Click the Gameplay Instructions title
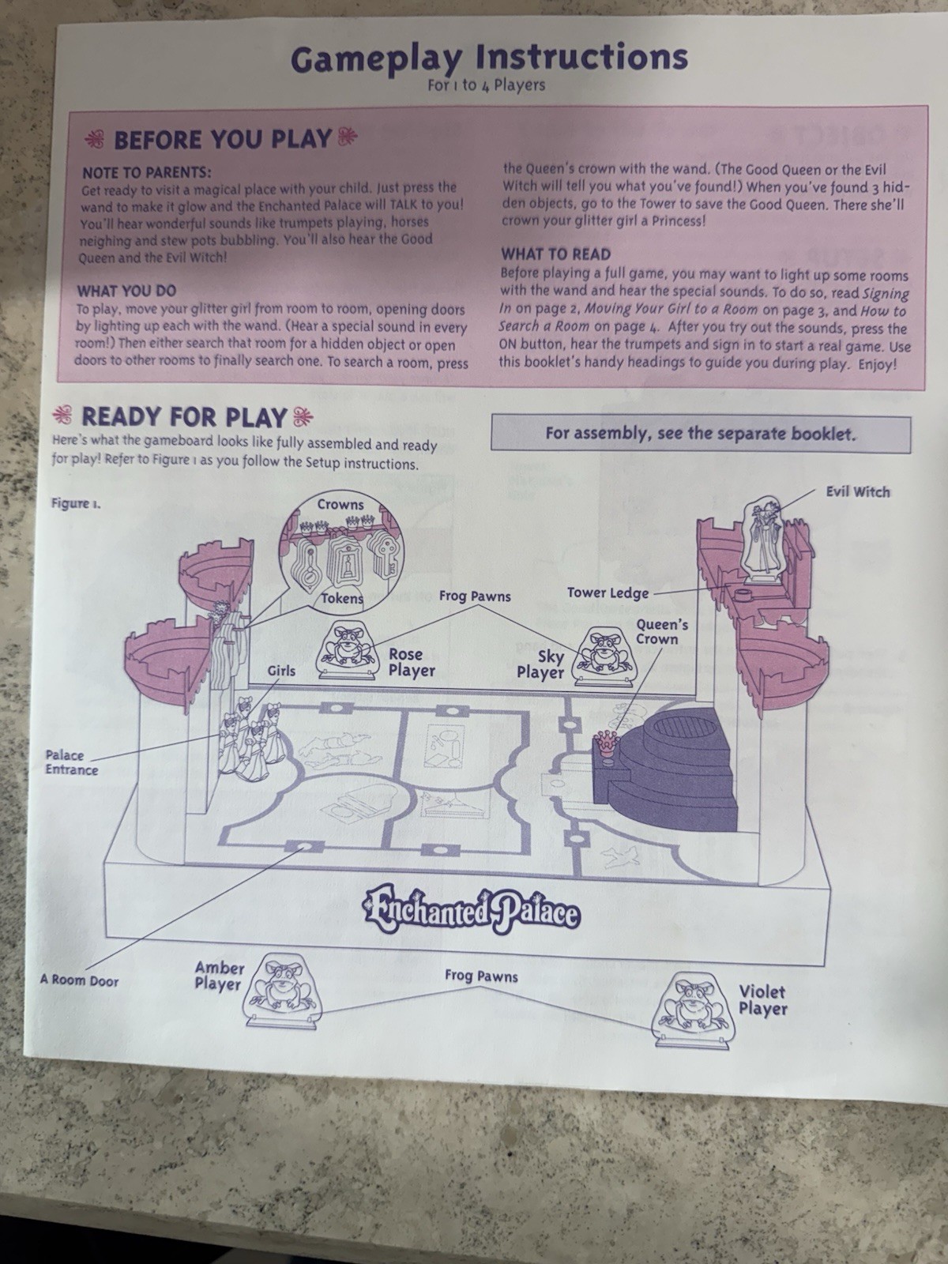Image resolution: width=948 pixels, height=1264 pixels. [489, 58]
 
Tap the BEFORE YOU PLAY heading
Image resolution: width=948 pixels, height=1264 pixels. [222, 139]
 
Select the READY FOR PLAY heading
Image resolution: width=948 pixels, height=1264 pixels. [183, 417]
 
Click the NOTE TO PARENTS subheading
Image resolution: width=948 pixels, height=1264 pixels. [146, 172]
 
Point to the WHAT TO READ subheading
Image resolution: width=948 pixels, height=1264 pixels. [556, 254]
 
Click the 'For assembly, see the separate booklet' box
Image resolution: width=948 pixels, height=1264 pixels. [701, 434]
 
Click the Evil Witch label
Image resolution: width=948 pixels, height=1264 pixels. [858, 492]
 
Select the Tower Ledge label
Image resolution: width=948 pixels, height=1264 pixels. [608, 592]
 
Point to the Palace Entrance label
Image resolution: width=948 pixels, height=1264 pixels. [72, 762]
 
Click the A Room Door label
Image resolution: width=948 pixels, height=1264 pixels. [80, 980]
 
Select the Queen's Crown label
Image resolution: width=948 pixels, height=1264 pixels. [662, 632]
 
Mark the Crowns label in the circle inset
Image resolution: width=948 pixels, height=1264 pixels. [340, 505]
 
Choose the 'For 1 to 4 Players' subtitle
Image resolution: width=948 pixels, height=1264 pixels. [487, 85]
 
